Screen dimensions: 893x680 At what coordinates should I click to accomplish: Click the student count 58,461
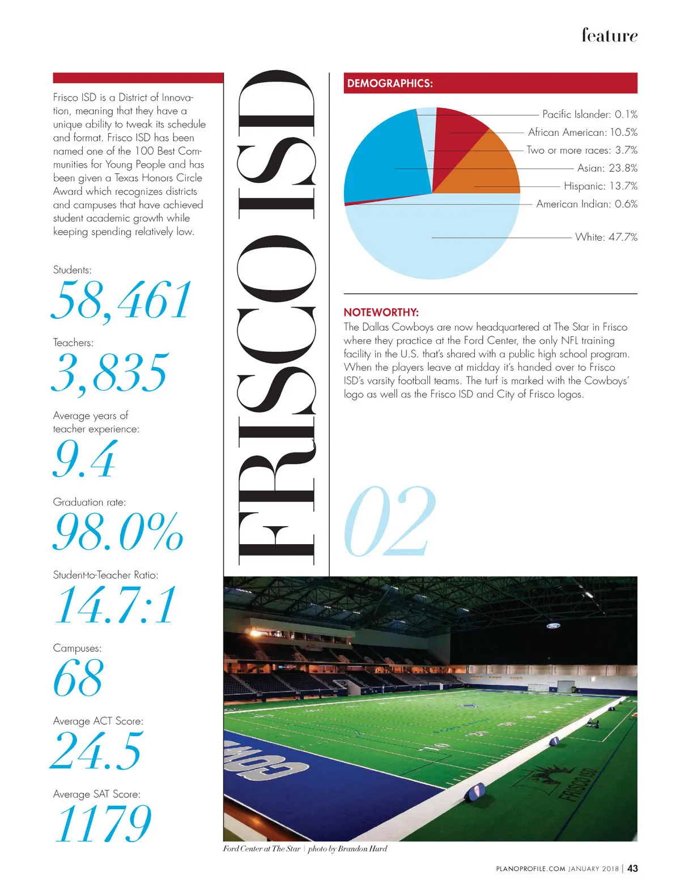[x=122, y=301]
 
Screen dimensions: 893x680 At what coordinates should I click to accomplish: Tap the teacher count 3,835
[x=110, y=373]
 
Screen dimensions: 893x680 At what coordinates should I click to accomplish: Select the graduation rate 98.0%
[x=118, y=532]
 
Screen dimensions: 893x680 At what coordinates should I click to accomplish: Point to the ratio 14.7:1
[x=115, y=605]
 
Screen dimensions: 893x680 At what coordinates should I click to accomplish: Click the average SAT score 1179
[x=103, y=823]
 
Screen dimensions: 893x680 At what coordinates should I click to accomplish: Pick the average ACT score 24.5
[x=97, y=751]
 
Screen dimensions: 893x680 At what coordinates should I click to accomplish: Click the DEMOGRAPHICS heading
[x=390, y=83]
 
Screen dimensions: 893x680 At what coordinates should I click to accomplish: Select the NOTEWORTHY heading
[x=381, y=312]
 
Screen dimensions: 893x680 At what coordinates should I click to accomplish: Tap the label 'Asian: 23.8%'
[x=607, y=168]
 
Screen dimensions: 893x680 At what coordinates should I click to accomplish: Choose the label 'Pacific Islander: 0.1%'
[x=589, y=114]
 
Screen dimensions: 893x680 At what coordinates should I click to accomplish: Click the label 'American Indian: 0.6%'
[x=586, y=204]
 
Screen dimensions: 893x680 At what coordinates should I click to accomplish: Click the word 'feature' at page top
[x=609, y=35]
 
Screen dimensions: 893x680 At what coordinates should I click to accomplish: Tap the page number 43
[x=632, y=869]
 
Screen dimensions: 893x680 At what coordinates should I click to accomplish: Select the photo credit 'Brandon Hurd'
[x=362, y=849]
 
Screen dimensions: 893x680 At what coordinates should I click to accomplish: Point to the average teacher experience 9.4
[x=85, y=459]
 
